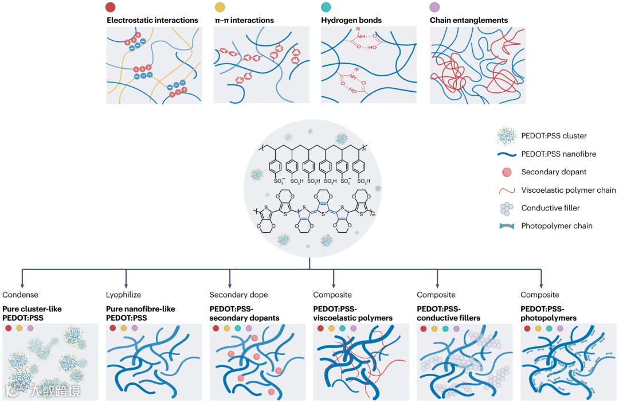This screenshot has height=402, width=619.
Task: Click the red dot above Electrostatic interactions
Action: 112,8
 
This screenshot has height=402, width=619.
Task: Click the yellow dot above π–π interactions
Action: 219,8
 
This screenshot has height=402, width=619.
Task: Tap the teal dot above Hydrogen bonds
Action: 326,8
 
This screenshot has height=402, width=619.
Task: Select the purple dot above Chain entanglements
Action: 435,8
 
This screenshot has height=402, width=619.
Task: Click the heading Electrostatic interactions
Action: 152,21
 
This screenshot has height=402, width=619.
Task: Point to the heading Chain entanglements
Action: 469,21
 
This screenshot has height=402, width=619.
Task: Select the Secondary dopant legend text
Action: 554,172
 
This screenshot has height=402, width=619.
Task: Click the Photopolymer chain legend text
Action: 557,226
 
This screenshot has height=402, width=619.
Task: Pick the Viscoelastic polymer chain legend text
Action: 569,190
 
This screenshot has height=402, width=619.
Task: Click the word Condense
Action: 21,295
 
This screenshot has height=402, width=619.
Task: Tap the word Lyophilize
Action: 124,295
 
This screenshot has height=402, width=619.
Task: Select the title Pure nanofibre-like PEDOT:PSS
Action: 141,313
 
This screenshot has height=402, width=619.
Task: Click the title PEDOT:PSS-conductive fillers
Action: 448,313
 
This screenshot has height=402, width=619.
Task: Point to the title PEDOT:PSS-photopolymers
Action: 549,313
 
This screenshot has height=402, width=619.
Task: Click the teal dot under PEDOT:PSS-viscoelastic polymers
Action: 342,329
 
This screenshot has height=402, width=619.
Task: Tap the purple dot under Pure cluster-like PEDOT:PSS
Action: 30,329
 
